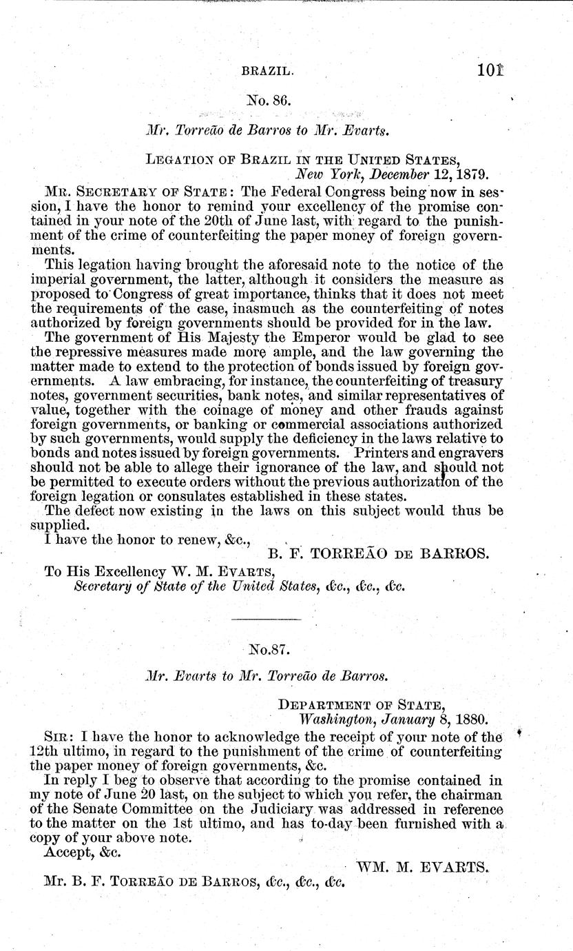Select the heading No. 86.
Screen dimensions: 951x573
270,99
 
